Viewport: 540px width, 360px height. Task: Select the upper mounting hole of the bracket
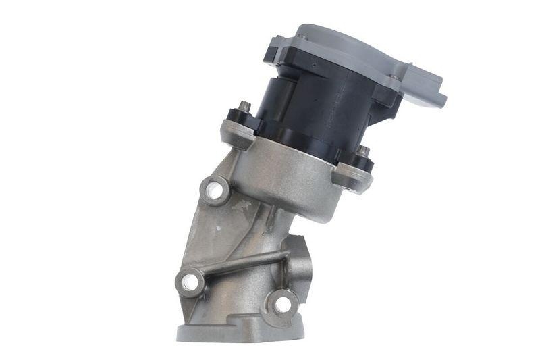215,190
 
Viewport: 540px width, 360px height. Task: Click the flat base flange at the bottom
223,332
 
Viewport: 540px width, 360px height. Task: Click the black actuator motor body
324,108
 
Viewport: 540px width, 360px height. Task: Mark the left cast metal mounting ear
238,132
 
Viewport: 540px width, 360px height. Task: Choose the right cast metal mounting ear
352,178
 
